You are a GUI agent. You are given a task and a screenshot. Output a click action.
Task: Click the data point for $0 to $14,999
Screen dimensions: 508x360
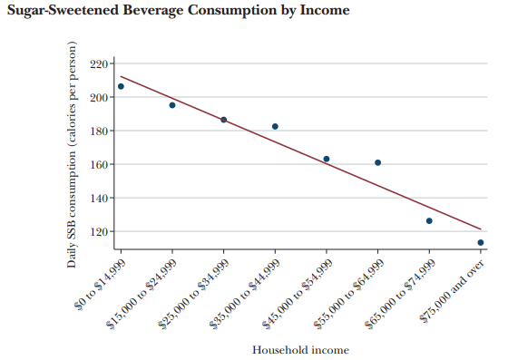tap(121, 86)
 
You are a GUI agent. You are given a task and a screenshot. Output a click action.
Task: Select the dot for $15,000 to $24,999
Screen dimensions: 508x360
tap(172, 105)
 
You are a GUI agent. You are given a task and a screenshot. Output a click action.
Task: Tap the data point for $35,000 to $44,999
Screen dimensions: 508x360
tap(275, 127)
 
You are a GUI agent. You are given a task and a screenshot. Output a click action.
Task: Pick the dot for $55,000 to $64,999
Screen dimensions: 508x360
tap(377, 162)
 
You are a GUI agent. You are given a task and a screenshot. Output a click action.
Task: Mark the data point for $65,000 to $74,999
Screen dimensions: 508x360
tap(429, 220)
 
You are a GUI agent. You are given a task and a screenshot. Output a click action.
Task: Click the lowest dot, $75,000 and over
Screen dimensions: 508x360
tap(481, 242)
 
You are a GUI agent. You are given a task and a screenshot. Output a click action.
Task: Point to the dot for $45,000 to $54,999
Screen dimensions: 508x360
tap(327, 159)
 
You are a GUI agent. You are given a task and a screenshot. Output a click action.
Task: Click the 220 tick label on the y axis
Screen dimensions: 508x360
tap(99, 63)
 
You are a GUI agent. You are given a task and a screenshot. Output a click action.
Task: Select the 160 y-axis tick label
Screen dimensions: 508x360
tap(99, 164)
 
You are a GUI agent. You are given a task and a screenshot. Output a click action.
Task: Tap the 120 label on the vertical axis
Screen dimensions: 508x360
tap(99, 232)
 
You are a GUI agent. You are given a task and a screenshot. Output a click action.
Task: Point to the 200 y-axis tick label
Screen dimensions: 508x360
tap(99, 97)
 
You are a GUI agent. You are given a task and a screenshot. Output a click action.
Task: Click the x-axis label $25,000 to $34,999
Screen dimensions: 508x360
tap(194, 294)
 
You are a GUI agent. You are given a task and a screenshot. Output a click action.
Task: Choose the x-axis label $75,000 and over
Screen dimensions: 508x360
tap(453, 291)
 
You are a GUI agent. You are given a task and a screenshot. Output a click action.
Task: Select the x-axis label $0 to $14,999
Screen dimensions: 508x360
tap(101, 284)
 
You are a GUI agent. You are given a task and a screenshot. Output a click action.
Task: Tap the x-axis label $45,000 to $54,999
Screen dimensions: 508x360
tap(298, 294)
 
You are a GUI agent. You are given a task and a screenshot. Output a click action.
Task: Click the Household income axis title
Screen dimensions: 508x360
tap(300, 350)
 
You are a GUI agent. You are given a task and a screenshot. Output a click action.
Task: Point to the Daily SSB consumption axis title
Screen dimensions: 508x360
tap(72, 155)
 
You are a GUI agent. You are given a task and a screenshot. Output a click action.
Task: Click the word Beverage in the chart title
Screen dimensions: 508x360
tap(153, 10)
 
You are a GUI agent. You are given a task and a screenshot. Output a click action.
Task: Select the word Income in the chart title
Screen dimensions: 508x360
tap(325, 10)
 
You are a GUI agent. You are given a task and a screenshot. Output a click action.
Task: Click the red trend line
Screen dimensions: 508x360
tap(300, 153)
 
